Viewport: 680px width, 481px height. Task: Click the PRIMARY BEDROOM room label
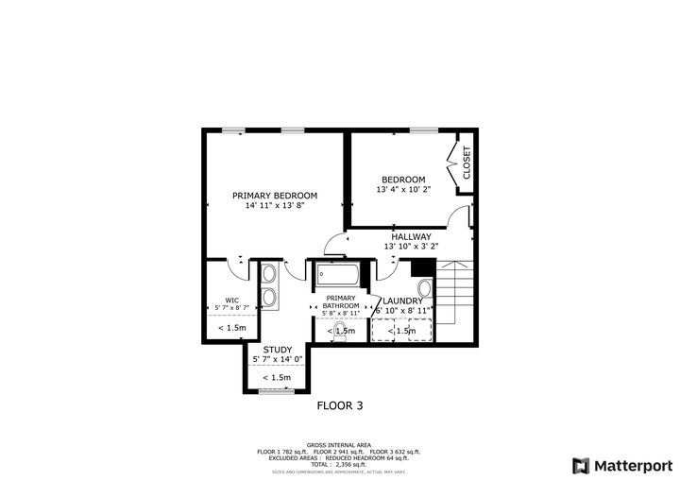[275, 195]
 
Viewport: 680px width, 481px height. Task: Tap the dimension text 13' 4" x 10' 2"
[403, 189]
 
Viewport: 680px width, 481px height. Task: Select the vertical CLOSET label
[466, 163]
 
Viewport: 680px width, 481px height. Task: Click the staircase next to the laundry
[455, 293]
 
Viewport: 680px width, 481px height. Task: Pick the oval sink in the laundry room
[424, 289]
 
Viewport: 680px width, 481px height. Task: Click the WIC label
[231, 300]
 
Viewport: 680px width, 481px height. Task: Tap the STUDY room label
[277, 349]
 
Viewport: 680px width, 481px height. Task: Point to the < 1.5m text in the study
[276, 377]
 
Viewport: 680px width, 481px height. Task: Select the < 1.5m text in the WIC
[231, 328]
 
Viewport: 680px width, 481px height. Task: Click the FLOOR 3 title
[339, 405]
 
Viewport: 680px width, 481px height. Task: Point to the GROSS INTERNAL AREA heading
[339, 445]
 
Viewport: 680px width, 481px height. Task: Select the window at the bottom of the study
[277, 390]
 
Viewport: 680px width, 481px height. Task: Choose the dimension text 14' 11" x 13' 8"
[275, 205]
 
